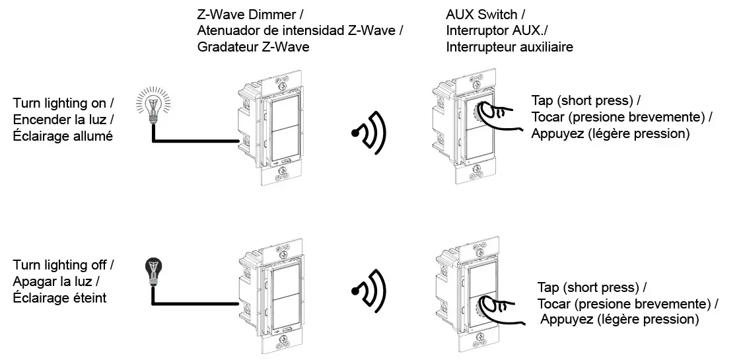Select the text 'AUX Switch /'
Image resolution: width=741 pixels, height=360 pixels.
(x=481, y=15)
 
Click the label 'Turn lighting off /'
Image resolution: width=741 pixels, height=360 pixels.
(x=63, y=265)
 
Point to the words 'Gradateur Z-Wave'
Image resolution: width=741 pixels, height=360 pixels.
(x=253, y=47)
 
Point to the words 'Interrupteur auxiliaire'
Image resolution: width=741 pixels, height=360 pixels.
(x=509, y=47)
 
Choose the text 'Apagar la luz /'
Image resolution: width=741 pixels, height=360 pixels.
(x=55, y=281)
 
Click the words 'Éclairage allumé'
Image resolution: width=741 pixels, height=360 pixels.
(x=63, y=136)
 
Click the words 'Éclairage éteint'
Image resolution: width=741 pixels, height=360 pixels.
(x=59, y=298)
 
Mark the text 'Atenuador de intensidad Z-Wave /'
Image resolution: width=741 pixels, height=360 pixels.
(x=300, y=30)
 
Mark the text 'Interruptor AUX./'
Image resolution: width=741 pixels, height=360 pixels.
(x=493, y=30)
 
